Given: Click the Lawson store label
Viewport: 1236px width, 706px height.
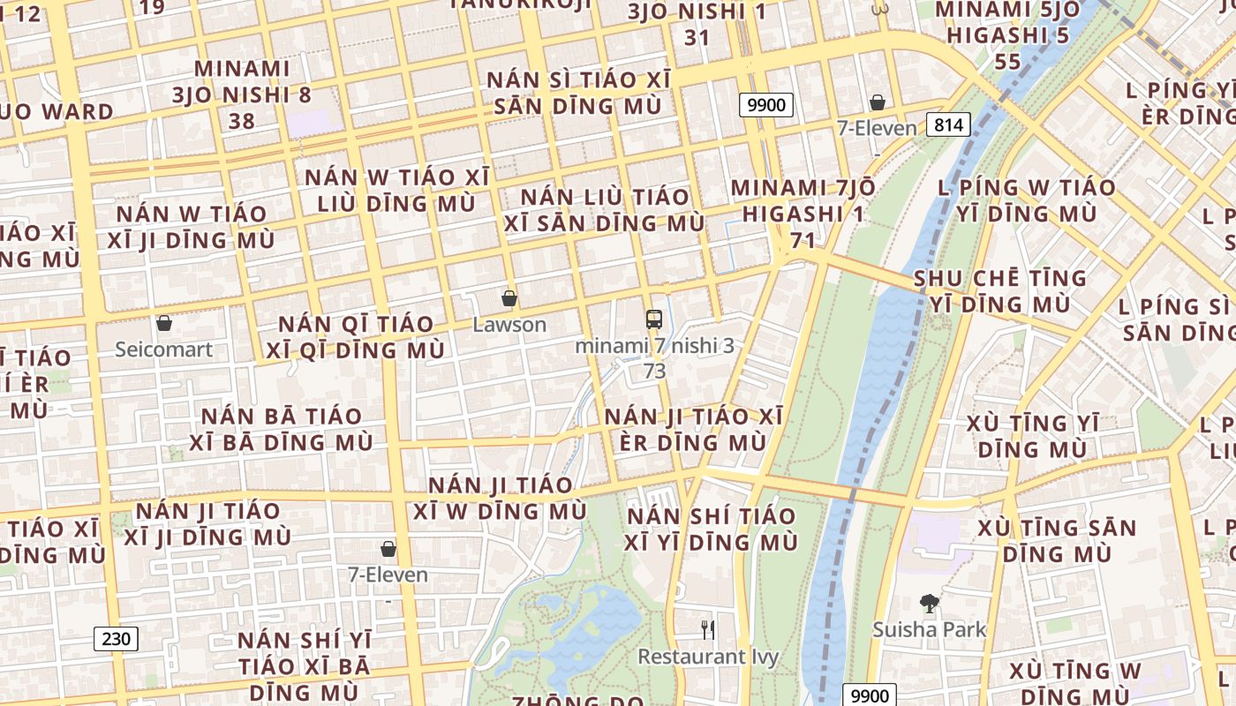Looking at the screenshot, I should [x=509, y=325].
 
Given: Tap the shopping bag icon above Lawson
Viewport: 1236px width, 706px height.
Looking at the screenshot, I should [x=509, y=298].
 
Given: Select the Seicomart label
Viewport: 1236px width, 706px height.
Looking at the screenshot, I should [x=163, y=349].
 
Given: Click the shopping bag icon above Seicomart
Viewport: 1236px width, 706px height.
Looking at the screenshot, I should [x=163, y=323].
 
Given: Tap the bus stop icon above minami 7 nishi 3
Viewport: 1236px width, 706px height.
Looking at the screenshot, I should [x=653, y=319].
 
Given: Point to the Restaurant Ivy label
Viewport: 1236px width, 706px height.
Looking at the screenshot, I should [x=708, y=657].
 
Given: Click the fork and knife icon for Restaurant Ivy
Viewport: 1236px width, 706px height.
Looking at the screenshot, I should [x=707, y=629].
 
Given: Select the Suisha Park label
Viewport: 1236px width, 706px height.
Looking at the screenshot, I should [x=929, y=630].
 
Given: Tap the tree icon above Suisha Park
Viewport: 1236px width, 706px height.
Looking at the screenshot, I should [x=929, y=605].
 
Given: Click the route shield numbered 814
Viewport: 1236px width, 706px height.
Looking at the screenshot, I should [x=948, y=124].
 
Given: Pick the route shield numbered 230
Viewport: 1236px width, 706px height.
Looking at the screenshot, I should [x=117, y=639].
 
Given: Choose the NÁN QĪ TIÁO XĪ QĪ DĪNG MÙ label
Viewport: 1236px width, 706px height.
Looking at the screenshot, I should [x=356, y=337].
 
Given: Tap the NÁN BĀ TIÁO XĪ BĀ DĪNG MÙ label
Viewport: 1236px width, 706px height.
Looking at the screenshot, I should [x=282, y=429].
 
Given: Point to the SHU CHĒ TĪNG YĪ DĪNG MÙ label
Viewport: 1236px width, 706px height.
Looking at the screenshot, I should [x=999, y=291].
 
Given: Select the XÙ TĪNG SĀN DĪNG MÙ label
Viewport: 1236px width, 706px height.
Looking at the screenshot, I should [x=1057, y=541].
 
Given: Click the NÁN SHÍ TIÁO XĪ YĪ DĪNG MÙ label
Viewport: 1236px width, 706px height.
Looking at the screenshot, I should [x=711, y=529].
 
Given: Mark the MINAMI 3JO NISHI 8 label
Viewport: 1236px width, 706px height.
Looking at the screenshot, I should [x=242, y=94].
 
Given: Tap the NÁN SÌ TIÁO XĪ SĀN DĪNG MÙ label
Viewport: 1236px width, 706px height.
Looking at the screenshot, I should [x=578, y=93].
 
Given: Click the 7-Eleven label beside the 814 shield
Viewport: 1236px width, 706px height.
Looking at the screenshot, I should [x=877, y=129].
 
